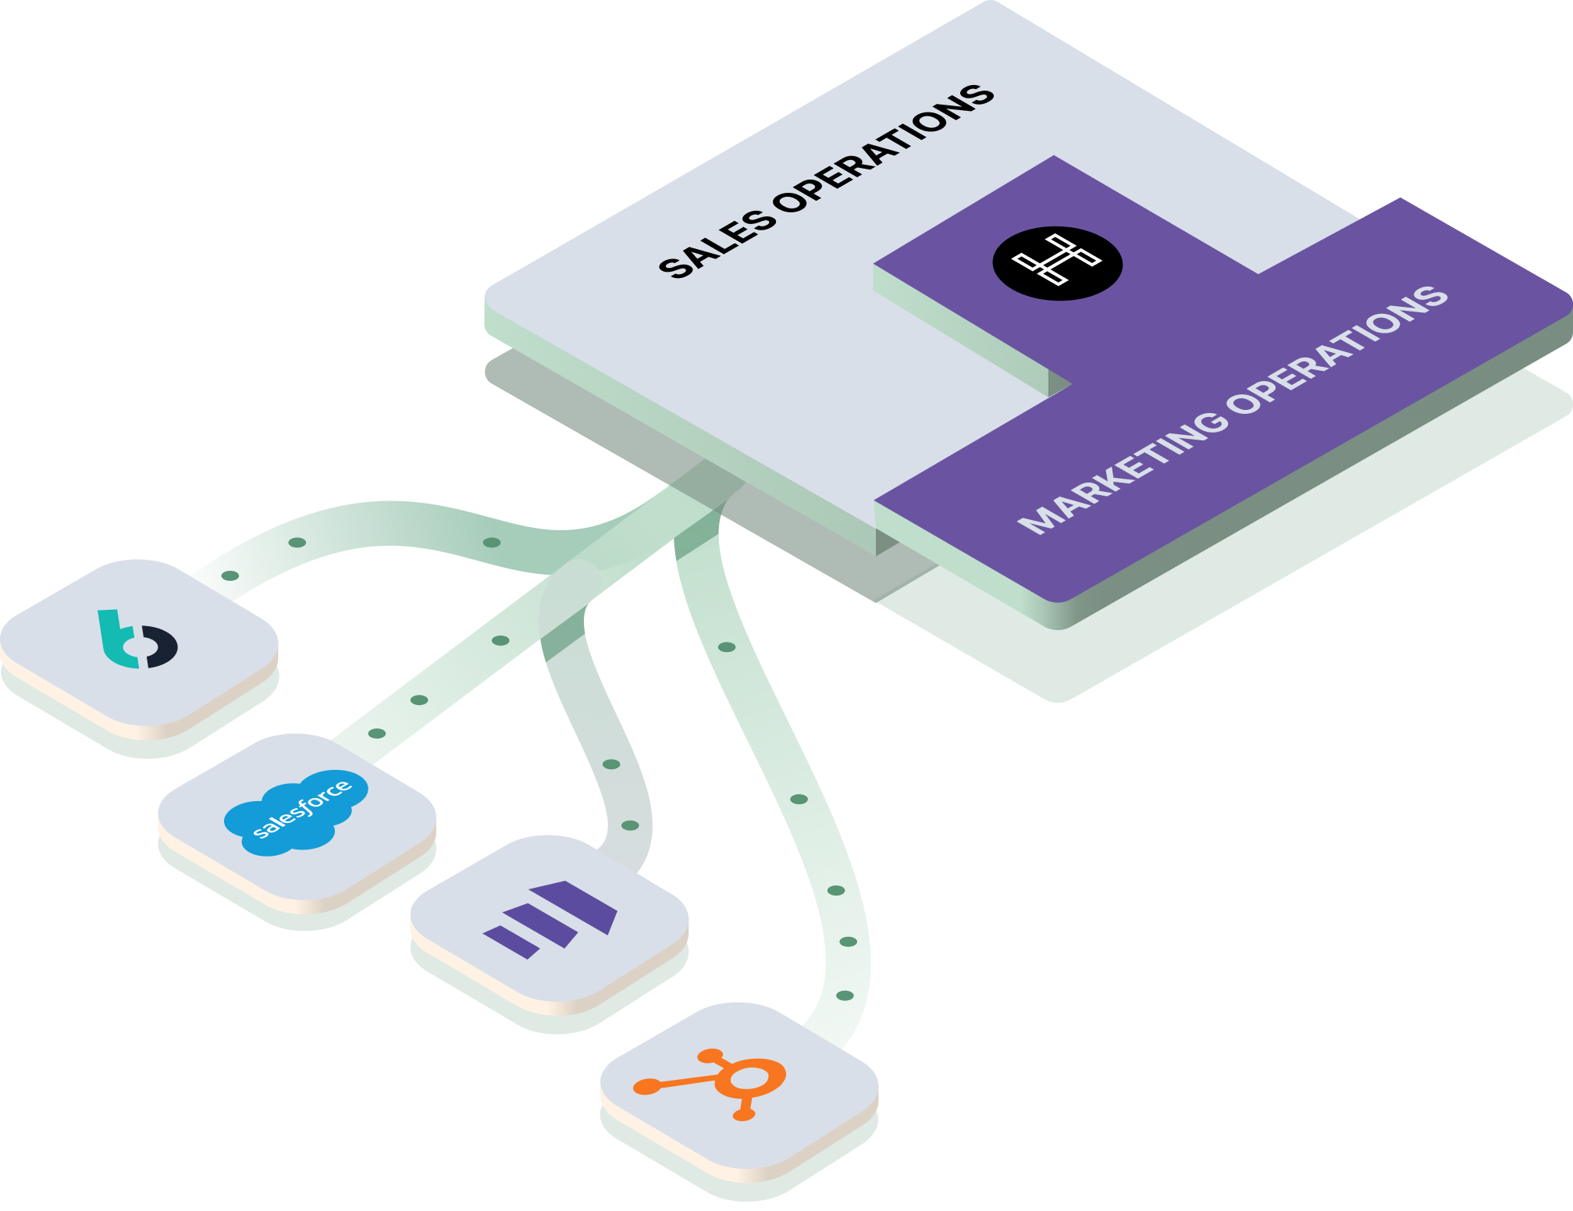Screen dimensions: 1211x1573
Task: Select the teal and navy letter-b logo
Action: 137,639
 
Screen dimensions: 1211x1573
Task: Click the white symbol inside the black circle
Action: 1057,259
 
